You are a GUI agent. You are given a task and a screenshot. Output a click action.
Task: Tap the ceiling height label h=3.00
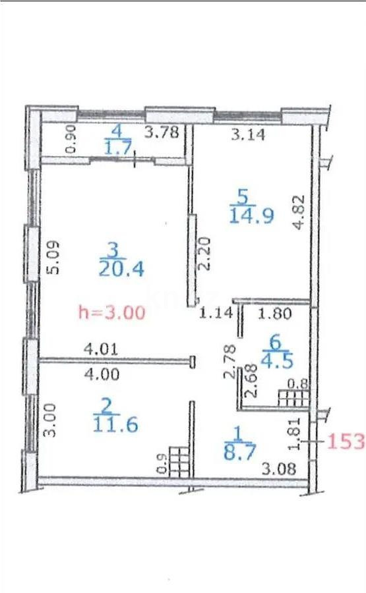point(111,312)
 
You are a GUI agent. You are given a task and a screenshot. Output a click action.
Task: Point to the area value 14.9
point(251,215)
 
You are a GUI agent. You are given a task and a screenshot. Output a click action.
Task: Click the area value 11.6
point(115,424)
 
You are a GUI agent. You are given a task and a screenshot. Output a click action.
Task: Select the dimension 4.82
point(299,212)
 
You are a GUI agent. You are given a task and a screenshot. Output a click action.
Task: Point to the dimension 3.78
point(162,133)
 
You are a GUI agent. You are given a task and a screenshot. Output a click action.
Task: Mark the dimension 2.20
point(204,253)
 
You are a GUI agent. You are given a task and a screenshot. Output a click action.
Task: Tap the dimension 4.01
point(101,350)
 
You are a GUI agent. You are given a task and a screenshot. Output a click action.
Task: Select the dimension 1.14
point(216,314)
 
